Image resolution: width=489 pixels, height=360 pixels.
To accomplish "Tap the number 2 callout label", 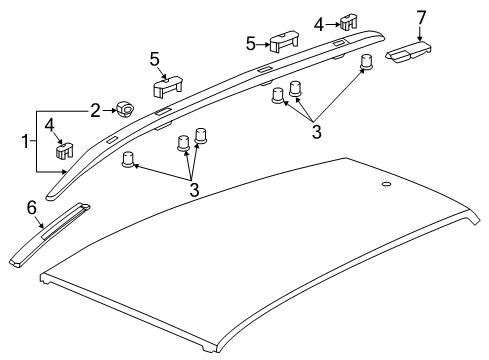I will [x=96, y=110].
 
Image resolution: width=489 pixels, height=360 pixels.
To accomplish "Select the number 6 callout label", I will [x=31, y=206].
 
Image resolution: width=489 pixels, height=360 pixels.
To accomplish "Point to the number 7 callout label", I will [x=421, y=16].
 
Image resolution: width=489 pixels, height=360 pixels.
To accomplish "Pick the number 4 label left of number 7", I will [x=319, y=22].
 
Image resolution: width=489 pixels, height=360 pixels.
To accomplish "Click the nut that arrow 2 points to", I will [x=125, y=110].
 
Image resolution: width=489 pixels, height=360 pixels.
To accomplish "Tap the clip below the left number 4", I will [x=62, y=150].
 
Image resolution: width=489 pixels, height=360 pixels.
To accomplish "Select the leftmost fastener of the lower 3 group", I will [x=129, y=160].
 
